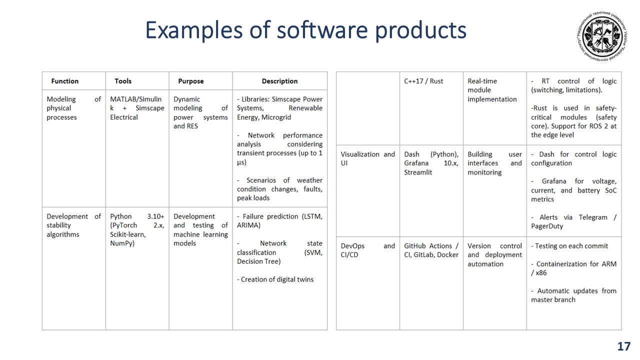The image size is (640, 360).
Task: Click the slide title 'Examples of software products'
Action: coord(305,30)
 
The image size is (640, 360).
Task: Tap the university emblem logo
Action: coord(602,36)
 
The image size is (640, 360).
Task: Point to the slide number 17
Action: coord(623,346)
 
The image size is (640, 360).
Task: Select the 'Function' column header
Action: coord(65,81)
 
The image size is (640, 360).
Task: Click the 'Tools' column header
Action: coord(123,81)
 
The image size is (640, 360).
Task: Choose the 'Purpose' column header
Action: coord(191,81)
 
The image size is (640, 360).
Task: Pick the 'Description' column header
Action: coord(279,81)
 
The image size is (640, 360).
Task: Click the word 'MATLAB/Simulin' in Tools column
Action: coord(135,99)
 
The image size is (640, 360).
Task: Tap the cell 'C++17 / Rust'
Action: coord(423,81)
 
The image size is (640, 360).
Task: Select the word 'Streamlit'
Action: coord(418,172)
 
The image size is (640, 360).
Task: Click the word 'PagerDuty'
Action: coord(547,226)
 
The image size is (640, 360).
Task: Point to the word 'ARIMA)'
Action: coord(248,225)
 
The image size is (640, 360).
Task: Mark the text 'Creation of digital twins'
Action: coord(277,279)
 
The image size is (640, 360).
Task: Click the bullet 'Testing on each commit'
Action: coord(571,246)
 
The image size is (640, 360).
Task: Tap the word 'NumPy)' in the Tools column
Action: coord(122,243)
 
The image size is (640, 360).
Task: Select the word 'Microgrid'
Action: coord(276,117)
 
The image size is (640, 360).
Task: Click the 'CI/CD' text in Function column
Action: coord(349,255)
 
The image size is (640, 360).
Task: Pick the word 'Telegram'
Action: coord(593,217)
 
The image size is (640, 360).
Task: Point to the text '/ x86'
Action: coord(539,273)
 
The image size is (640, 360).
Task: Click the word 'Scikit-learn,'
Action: coord(128,234)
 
